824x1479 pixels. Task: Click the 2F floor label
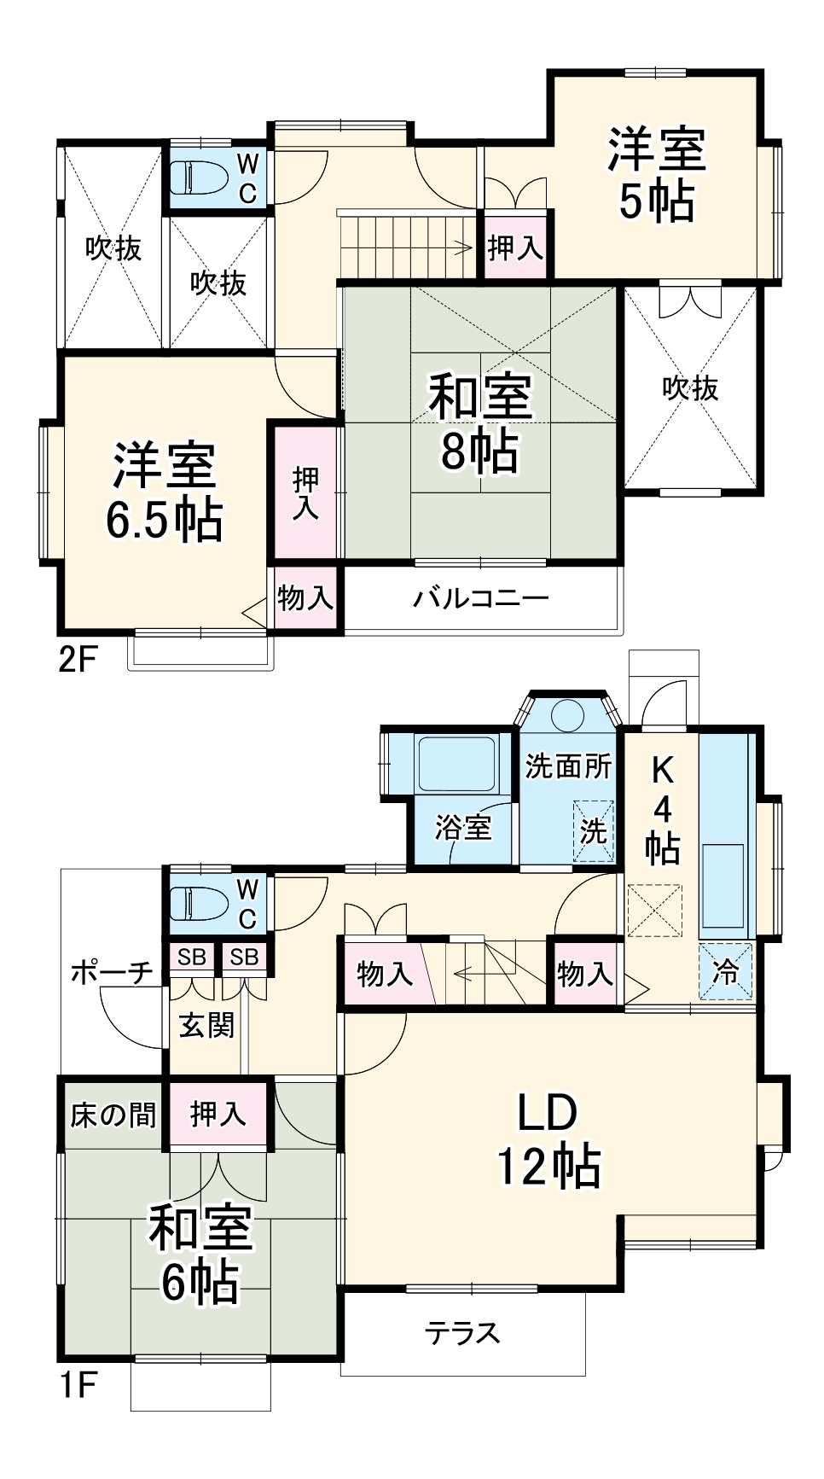pos(78,659)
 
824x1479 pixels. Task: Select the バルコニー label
pos(479,598)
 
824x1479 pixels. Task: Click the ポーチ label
pos(111,971)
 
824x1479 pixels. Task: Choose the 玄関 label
pos(206,1024)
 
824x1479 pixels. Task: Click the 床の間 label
pos(113,1115)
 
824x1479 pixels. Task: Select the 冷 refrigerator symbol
pos(726,971)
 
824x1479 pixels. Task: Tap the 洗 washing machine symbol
pos(593,830)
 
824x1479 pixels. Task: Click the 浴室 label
pos(463,826)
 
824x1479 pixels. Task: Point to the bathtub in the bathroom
pos(456,762)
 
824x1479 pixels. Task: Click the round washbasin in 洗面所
pos(566,715)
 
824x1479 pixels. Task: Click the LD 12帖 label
pos(548,1139)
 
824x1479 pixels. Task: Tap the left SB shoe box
pos(192,958)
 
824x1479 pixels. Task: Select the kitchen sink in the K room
pos(722,885)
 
